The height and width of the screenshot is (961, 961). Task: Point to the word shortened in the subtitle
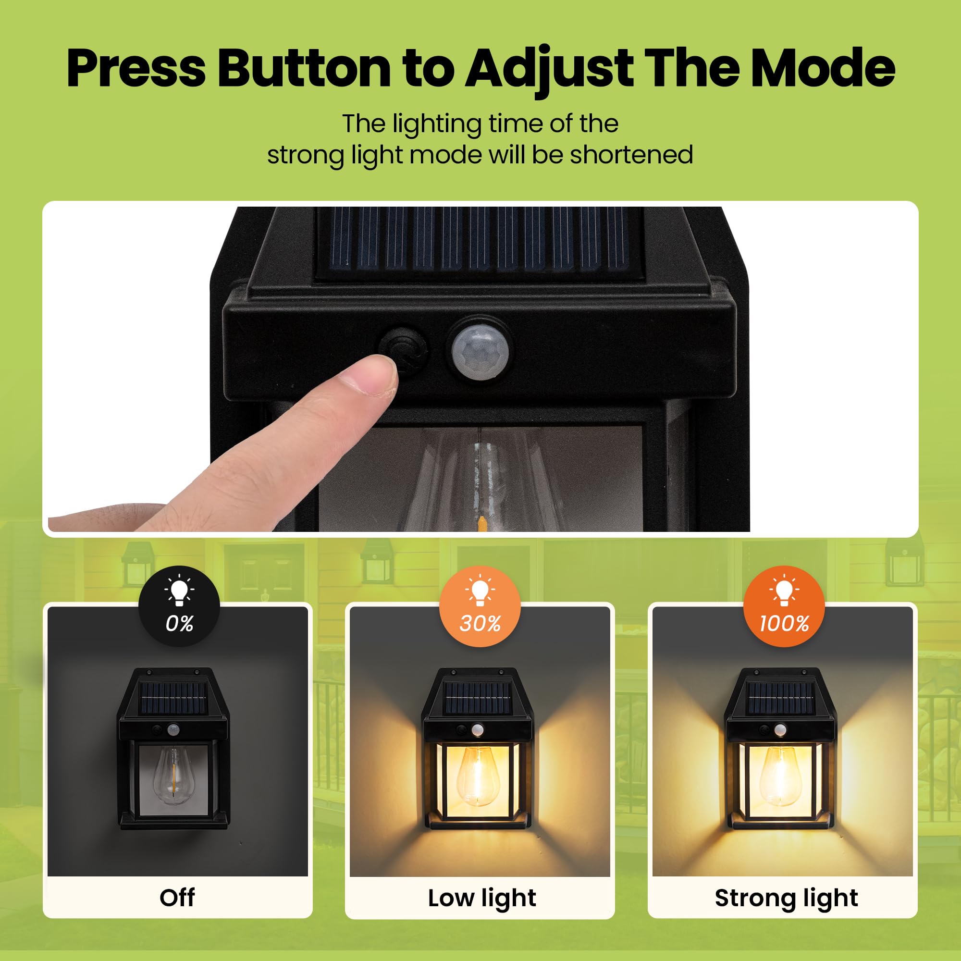pos(631,155)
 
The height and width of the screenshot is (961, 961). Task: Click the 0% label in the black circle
pos(180,623)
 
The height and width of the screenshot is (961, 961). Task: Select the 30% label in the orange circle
pos(480,623)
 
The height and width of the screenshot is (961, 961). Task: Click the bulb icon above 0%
pos(180,591)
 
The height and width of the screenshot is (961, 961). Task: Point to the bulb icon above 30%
pos(480,591)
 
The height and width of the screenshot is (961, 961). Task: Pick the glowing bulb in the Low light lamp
pos(477,776)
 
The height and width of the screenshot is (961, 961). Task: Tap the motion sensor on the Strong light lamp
pos(780,730)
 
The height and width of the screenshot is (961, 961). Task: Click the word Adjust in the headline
pos(549,70)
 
